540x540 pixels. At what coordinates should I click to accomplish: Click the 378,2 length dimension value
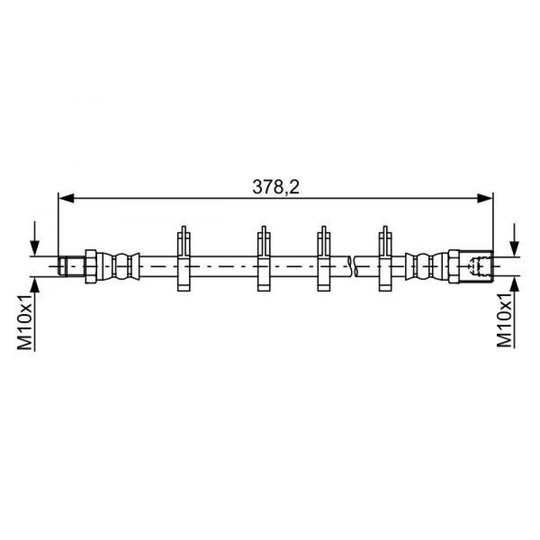coord(276,187)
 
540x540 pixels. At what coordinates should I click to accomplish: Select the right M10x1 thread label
coord(505,320)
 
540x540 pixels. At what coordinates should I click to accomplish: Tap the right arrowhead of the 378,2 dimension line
coord(485,198)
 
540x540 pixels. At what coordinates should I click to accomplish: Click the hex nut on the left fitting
coord(91,267)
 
